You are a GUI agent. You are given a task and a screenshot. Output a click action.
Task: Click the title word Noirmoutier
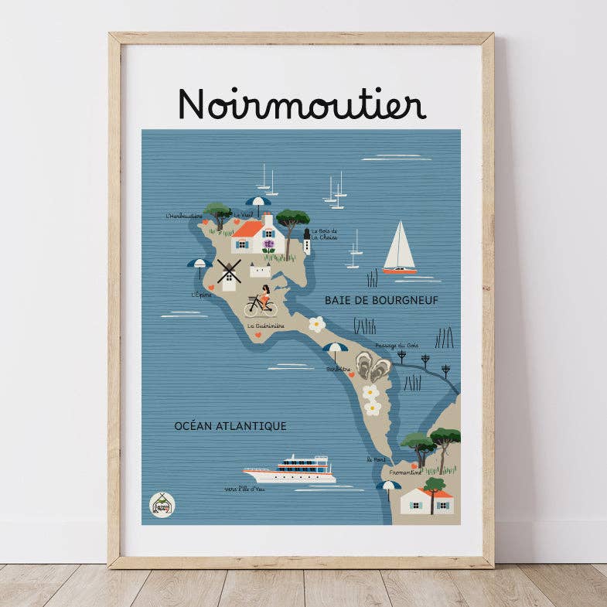pyautogui.click(x=302, y=104)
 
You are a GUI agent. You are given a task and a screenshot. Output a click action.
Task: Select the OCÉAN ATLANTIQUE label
pyautogui.click(x=230, y=426)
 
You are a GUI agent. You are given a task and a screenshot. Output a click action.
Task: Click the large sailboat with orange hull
pyautogui.click(x=400, y=249)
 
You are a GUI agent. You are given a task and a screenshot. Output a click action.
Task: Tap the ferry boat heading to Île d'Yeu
pyautogui.click(x=291, y=469)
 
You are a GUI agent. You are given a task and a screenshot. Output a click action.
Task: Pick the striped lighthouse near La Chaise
pyautogui.click(x=307, y=241)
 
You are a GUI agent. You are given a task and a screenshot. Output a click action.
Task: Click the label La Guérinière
pyautogui.click(x=266, y=326)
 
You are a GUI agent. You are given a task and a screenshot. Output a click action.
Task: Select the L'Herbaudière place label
pyautogui.click(x=183, y=216)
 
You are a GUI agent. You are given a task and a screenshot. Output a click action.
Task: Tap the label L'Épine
pyautogui.click(x=201, y=295)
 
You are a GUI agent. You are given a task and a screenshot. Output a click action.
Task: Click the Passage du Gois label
pyautogui.click(x=397, y=346)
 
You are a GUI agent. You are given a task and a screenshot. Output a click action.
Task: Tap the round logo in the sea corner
pyautogui.click(x=162, y=505)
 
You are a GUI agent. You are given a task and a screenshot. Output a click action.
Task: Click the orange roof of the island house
pyautogui.click(x=250, y=230)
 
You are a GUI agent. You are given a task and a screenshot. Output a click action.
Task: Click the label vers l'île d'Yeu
pyautogui.click(x=244, y=489)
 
